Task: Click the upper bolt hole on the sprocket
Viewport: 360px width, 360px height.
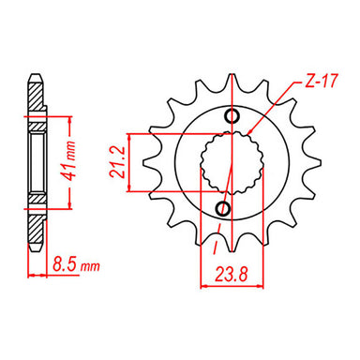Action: (x=233, y=114)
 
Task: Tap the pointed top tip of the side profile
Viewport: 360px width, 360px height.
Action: (x=37, y=74)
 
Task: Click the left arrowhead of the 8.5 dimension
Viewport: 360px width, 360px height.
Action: (x=30, y=276)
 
